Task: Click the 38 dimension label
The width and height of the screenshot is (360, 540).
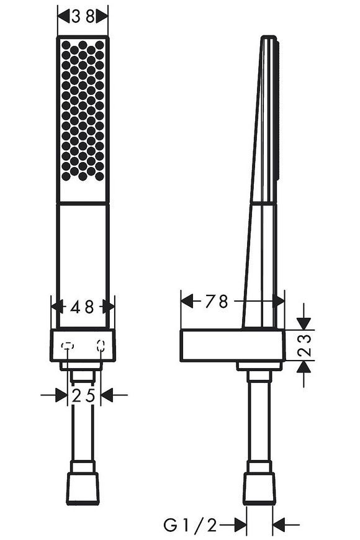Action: [83, 16]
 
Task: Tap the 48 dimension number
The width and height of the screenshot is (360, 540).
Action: [82, 307]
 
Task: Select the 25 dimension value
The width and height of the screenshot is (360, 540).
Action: [83, 396]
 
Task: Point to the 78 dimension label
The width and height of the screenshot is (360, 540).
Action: [217, 302]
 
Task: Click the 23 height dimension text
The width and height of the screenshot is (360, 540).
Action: [304, 345]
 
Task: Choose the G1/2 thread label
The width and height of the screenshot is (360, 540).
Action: [190, 526]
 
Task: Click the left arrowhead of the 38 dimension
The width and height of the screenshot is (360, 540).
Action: [63, 16]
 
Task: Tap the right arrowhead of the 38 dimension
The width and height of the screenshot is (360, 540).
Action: [102, 16]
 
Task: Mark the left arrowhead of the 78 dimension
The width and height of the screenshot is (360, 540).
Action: [187, 301]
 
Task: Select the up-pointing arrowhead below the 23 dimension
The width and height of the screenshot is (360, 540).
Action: [304, 367]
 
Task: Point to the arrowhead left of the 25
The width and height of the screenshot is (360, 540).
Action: [61, 395]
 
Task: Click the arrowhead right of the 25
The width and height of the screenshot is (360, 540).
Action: [107, 395]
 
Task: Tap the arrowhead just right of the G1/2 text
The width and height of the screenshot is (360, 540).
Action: [240, 525]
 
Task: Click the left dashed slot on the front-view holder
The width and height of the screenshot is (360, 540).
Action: [68, 346]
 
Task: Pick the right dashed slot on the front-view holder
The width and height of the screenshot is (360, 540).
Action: [101, 346]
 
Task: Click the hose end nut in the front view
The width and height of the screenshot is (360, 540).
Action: [83, 488]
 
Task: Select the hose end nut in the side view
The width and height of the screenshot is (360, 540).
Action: [259, 489]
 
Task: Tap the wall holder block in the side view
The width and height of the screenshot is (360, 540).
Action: [233, 346]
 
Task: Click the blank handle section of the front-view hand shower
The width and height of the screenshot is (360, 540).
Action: [83, 265]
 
